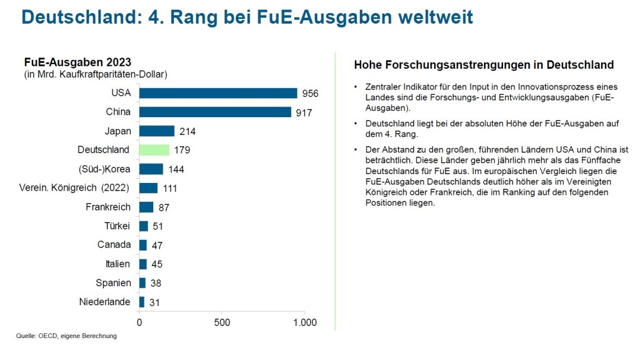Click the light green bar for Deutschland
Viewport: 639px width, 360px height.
(x=154, y=150)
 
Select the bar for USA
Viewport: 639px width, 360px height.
(x=218, y=93)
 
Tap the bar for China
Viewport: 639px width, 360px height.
(x=215, y=112)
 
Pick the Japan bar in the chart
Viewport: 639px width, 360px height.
(x=157, y=131)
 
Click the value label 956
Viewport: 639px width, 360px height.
(x=310, y=94)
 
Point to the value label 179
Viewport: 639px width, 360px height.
(x=182, y=150)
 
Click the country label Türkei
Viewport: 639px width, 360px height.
(x=117, y=226)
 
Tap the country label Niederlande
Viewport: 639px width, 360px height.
(x=105, y=302)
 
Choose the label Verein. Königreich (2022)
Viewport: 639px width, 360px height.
(x=75, y=188)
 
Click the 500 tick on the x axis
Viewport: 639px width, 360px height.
(x=221, y=323)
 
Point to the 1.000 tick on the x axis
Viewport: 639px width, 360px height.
(x=305, y=323)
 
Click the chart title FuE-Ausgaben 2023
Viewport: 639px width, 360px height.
(x=78, y=62)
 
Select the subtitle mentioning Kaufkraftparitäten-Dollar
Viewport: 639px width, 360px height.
(x=96, y=75)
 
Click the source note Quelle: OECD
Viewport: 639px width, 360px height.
(x=66, y=336)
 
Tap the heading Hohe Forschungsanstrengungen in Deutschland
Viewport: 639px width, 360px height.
(x=483, y=65)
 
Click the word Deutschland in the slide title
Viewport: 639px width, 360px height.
(x=76, y=17)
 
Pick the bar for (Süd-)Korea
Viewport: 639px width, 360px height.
(x=151, y=169)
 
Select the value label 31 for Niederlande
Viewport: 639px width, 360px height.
(x=154, y=303)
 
